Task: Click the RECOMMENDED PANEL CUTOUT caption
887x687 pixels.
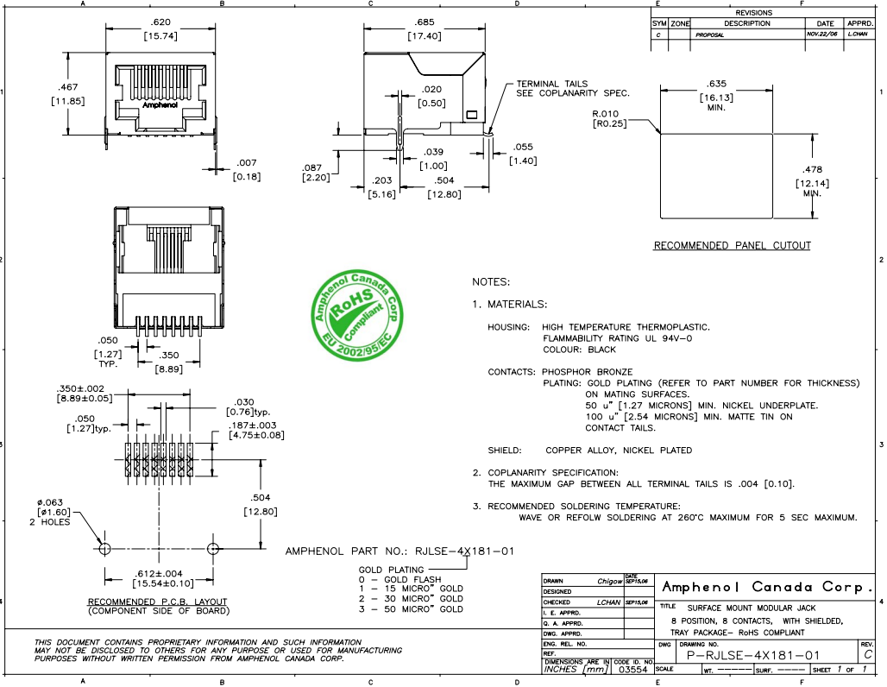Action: click(732, 246)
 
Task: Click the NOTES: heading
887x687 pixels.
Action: click(491, 282)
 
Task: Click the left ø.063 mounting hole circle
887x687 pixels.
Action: click(104, 549)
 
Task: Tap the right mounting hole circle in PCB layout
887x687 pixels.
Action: click(212, 549)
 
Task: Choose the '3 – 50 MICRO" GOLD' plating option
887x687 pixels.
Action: click(411, 609)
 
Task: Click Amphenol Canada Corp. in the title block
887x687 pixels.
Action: click(766, 588)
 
